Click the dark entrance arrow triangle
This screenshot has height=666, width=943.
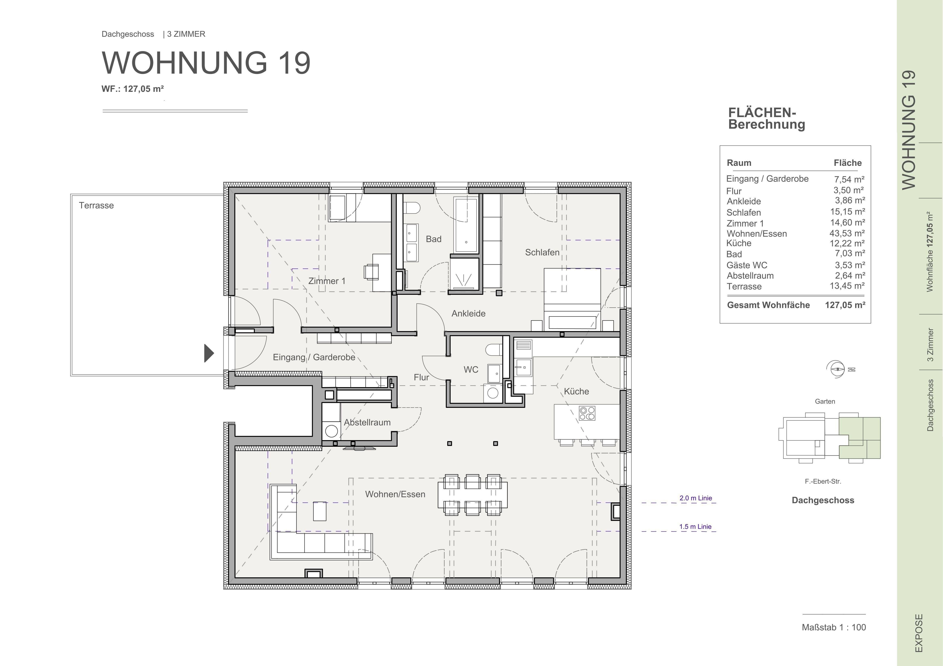coord(209,353)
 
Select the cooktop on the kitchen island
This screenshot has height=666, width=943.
coord(587,413)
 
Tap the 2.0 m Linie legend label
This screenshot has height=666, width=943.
coord(695,498)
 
